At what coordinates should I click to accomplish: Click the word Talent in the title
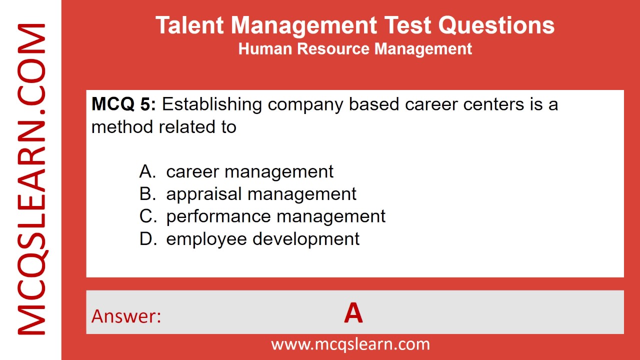coord(188,25)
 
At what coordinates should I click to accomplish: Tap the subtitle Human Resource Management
coord(355,49)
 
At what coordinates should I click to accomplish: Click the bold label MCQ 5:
coord(124,104)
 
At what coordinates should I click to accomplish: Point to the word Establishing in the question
coord(212,104)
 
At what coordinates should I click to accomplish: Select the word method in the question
coord(123,127)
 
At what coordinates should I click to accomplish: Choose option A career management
coord(249,171)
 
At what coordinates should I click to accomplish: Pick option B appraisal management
coord(261,194)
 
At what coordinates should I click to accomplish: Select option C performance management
coord(275,216)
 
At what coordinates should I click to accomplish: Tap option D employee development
coord(262,239)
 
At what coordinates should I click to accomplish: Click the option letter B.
coord(145,194)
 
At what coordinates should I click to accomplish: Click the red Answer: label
coord(126,316)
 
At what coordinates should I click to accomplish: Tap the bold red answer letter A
coord(353,314)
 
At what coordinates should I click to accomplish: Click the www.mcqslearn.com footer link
coord(350,344)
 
